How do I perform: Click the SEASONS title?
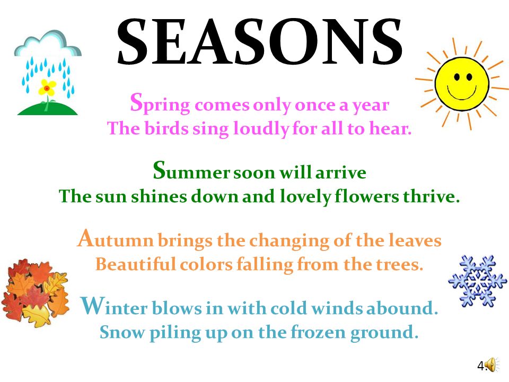pos(260,41)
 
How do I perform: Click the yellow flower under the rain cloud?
pos(47,86)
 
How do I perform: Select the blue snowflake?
pos(477,281)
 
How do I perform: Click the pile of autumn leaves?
pos(35,293)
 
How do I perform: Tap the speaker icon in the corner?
pos(492,364)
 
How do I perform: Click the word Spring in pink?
pos(160,104)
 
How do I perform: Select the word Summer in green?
pos(191,171)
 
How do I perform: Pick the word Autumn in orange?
pos(115,239)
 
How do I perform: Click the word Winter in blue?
pos(114,306)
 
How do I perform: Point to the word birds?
pos(166,128)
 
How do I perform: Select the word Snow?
pos(122,332)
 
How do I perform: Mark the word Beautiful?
pos(136,264)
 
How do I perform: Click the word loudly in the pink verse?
pos(261,128)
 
